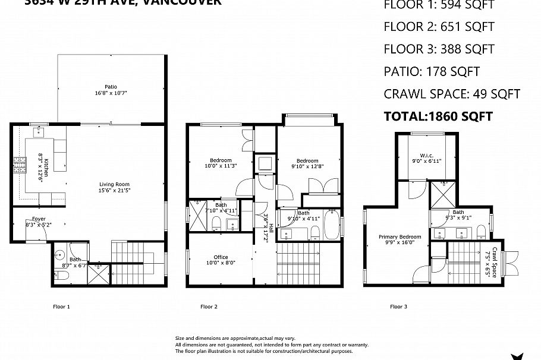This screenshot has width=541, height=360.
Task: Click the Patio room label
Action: [x=111, y=87]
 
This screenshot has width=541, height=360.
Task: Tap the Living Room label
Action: [x=114, y=184]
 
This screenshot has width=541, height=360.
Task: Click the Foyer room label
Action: [x=39, y=219]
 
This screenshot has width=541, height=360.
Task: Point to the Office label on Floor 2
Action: [x=221, y=257]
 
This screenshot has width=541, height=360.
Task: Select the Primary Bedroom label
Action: [x=395, y=236]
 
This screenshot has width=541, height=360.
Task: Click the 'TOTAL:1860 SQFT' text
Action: [x=438, y=116]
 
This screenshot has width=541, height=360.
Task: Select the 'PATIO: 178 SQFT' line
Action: [x=432, y=72]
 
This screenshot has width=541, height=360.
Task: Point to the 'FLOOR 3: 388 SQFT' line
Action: [x=439, y=49]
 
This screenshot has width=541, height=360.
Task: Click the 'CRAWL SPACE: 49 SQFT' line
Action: [x=452, y=94]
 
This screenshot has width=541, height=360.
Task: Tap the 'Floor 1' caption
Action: [x=61, y=307]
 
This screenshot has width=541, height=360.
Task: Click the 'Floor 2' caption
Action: [x=209, y=307]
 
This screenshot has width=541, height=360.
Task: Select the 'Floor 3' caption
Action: [x=398, y=307]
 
